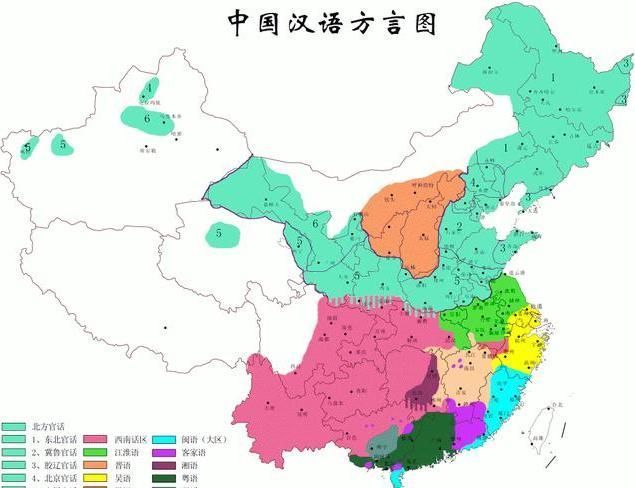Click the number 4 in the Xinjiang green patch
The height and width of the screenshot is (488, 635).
(149, 89)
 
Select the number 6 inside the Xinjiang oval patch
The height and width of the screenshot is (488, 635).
(147, 118)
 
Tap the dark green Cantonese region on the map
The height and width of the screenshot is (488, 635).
(420, 440)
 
